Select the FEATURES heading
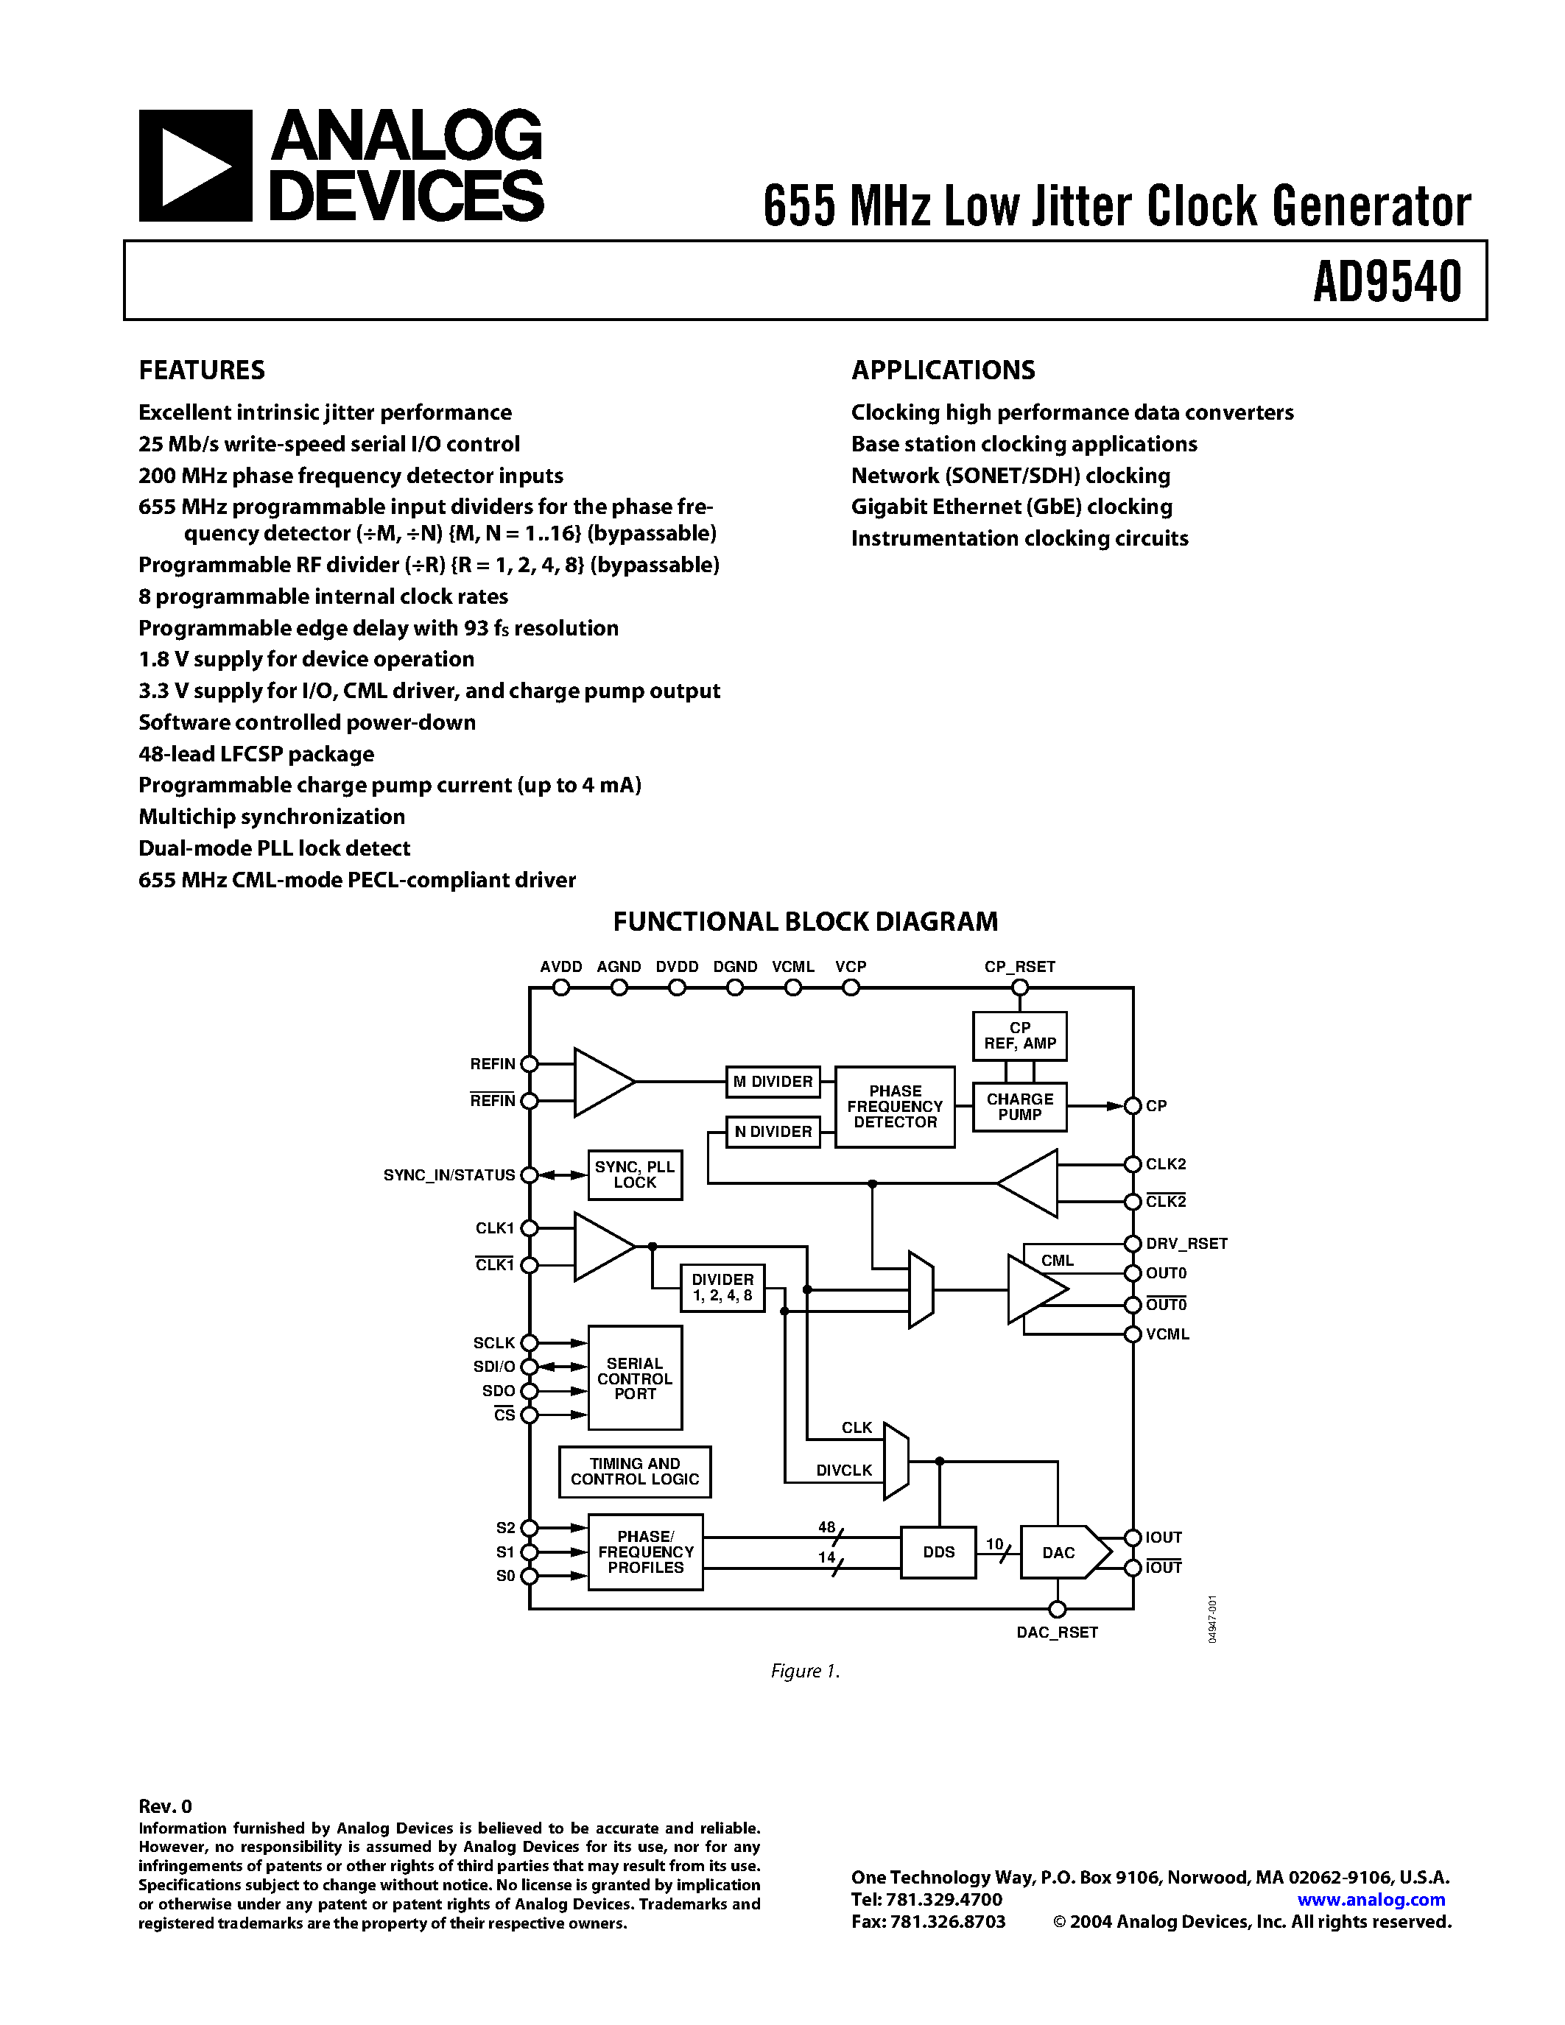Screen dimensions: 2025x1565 point(201,370)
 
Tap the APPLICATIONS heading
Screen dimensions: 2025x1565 point(942,370)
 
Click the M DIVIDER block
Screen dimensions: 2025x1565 point(773,1081)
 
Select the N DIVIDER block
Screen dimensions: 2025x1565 point(773,1131)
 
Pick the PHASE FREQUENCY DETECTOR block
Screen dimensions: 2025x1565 point(894,1106)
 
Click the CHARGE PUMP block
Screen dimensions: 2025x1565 point(1019,1106)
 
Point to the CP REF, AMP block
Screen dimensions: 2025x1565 point(1019,1035)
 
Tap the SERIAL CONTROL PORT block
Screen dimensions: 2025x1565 point(634,1378)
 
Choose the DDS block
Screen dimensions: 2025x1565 point(938,1552)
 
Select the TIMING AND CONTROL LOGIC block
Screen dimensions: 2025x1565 point(634,1471)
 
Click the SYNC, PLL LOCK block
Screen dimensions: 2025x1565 point(634,1174)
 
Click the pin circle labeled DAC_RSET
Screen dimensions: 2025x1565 point(1057,1609)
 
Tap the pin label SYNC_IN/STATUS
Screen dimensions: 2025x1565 point(449,1174)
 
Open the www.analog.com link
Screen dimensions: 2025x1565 point(1371,1899)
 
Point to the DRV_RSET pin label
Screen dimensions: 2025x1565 point(1186,1244)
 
